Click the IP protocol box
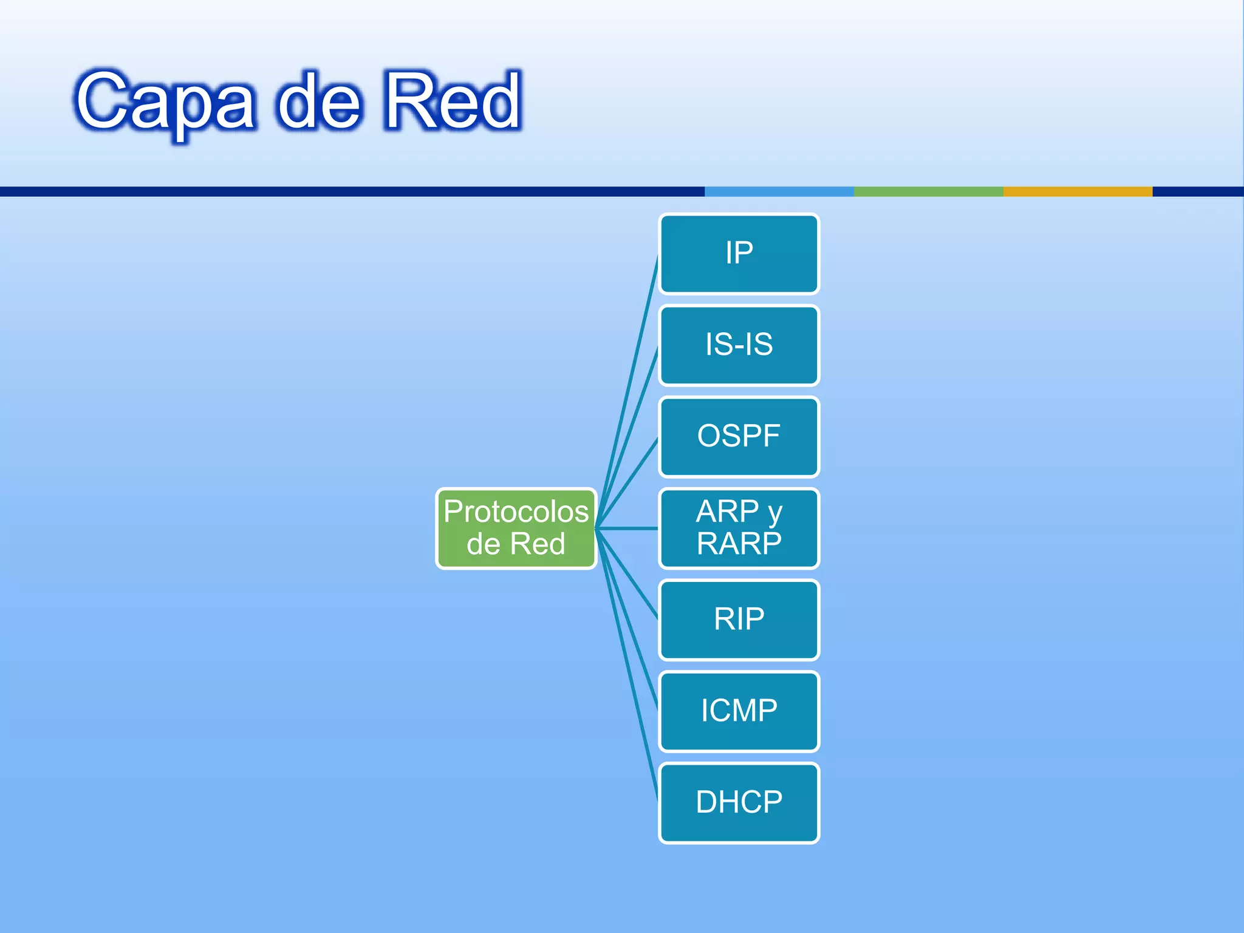click(x=739, y=253)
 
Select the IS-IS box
click(x=739, y=345)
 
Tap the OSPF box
click(x=739, y=436)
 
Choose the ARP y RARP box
click(x=739, y=528)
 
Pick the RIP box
click(x=739, y=620)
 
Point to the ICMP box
click(x=739, y=711)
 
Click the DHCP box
click(x=739, y=802)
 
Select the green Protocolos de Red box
click(x=516, y=528)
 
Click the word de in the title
click(x=320, y=102)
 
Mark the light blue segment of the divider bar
click(x=779, y=191)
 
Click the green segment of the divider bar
click(x=928, y=191)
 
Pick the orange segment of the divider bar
click(x=1077, y=191)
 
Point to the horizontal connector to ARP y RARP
click(x=629, y=528)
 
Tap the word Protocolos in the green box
click(x=516, y=511)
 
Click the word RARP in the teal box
click(x=739, y=544)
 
